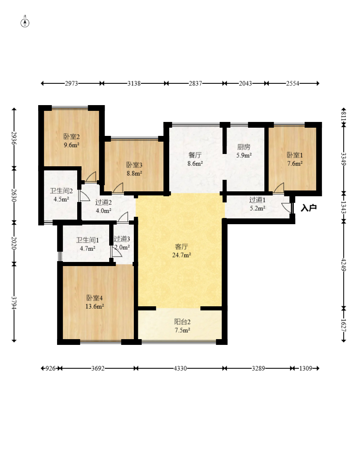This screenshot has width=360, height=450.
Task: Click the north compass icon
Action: pyautogui.click(x=25, y=23)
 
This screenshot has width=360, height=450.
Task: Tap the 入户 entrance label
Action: pyautogui.click(x=309, y=208)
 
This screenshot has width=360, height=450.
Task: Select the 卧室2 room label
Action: pyautogui.click(x=71, y=137)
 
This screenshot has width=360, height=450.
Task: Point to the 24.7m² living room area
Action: pyautogui.click(x=181, y=255)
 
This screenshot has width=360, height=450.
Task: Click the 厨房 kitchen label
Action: pyautogui.click(x=244, y=147)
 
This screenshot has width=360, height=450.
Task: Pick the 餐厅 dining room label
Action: pyautogui.click(x=195, y=155)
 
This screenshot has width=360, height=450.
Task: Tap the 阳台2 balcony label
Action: pyautogui.click(x=182, y=322)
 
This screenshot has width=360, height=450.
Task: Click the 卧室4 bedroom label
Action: pyautogui.click(x=95, y=298)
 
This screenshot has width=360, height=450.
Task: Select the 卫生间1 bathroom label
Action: pyautogui.click(x=87, y=240)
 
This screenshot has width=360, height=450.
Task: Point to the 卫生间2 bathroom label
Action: pyautogui.click(x=62, y=191)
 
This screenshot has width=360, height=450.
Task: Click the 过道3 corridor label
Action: pyautogui.click(x=122, y=239)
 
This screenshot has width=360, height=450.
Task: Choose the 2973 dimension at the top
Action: pyautogui.click(x=71, y=83)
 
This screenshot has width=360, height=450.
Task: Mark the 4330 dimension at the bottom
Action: pyautogui.click(x=180, y=368)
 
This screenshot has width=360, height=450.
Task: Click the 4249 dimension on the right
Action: pyautogui.click(x=344, y=264)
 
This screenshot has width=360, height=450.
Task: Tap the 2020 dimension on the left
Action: pyautogui.click(x=14, y=243)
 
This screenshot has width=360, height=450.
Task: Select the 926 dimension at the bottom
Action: pyautogui.click(x=50, y=368)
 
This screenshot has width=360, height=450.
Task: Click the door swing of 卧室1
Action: pyautogui.click(x=279, y=188)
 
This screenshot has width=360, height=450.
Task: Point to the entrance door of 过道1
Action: pyautogui.click(x=288, y=208)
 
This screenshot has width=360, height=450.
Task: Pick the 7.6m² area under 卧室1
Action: pyautogui.click(x=295, y=163)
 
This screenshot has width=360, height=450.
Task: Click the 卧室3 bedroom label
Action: pyautogui.click(x=135, y=165)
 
